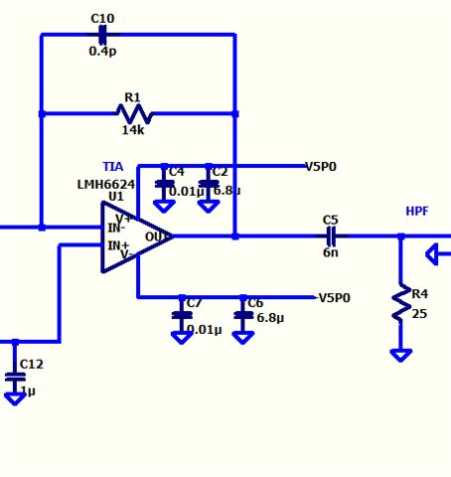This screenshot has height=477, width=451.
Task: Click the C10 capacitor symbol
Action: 102,35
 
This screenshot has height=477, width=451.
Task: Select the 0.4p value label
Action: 102,51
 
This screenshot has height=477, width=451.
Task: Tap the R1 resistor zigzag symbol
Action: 134,113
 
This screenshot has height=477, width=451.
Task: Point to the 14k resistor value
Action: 133,130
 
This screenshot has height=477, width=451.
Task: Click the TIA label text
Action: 113,167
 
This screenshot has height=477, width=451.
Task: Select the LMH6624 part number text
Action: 106,185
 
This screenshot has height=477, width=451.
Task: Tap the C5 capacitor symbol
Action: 331,237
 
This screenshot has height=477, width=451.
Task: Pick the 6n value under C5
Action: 331,252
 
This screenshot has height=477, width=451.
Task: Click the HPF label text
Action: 417,212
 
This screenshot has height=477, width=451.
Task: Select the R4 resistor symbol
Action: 400,303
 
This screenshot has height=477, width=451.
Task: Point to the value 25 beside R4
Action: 419,314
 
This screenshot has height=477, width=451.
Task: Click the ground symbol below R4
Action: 400,355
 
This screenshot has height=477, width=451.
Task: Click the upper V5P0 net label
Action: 320,167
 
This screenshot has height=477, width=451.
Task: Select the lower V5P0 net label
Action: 334,297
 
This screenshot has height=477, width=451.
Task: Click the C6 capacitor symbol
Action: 242,315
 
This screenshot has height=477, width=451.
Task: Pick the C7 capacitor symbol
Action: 182,315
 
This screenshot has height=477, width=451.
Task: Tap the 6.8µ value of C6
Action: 270,318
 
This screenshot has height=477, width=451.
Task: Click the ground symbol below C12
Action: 15,397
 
